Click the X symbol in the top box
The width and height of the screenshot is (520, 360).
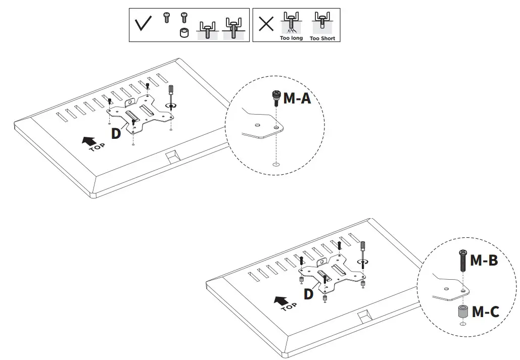[266, 24]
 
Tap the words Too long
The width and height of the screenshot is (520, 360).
[291, 38]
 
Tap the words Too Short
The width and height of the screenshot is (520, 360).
[322, 38]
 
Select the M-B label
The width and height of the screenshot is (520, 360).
[484, 261]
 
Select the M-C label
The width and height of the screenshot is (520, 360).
[485, 312]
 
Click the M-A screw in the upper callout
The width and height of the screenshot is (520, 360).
[276, 97]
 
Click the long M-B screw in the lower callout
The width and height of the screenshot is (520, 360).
[462, 260]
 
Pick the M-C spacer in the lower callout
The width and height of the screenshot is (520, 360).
[462, 312]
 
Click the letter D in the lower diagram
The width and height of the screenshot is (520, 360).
[308, 294]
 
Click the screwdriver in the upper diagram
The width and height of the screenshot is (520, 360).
[171, 94]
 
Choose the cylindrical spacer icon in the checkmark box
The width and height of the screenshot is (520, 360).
[185, 34]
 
